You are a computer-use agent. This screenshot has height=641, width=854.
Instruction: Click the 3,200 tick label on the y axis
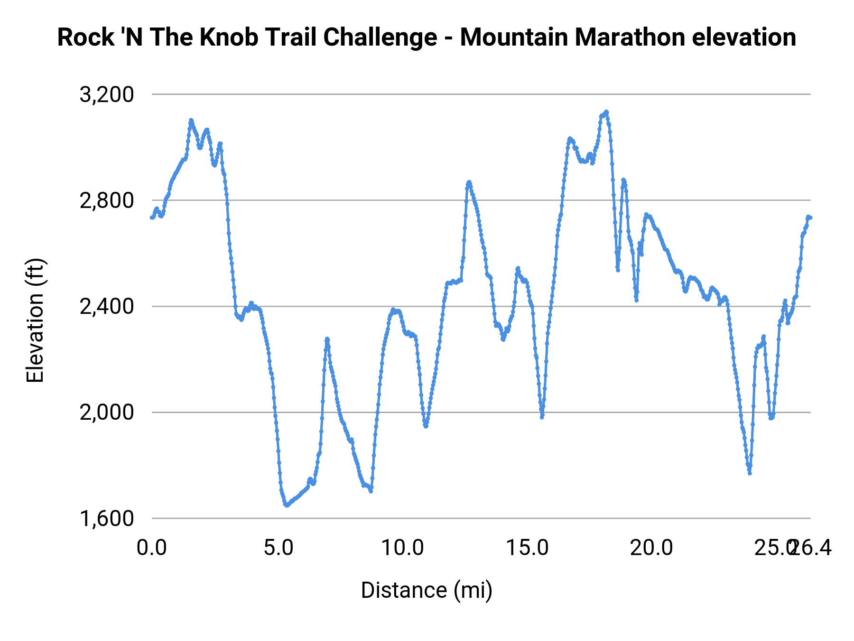click(107, 95)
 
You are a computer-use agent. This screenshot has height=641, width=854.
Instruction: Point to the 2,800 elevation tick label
click(107, 201)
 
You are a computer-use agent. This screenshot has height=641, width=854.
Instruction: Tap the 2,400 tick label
click(107, 307)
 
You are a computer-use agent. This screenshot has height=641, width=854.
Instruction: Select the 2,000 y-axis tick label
click(107, 413)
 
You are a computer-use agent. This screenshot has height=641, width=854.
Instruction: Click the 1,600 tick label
click(107, 518)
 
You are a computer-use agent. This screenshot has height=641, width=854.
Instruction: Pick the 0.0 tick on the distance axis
click(152, 548)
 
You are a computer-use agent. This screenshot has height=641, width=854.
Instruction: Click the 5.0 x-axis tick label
click(278, 548)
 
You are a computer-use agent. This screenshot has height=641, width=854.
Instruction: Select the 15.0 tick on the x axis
click(527, 548)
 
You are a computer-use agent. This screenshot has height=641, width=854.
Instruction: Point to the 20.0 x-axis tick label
click(651, 548)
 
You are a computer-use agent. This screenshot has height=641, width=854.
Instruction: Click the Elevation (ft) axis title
click(35, 320)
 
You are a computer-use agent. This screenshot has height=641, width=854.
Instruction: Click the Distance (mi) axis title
click(427, 590)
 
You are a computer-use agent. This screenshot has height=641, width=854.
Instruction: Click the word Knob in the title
click(224, 37)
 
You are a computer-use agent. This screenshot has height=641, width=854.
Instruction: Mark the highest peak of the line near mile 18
click(606, 112)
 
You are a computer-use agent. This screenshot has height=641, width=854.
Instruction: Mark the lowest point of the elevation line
click(286, 506)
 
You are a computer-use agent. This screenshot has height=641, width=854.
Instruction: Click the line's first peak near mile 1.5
click(191, 120)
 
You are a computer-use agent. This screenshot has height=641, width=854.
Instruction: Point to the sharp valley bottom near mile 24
click(750, 473)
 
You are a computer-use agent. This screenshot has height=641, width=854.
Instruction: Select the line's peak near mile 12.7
click(469, 182)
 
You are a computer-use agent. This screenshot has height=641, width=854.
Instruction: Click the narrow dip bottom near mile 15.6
click(542, 417)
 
